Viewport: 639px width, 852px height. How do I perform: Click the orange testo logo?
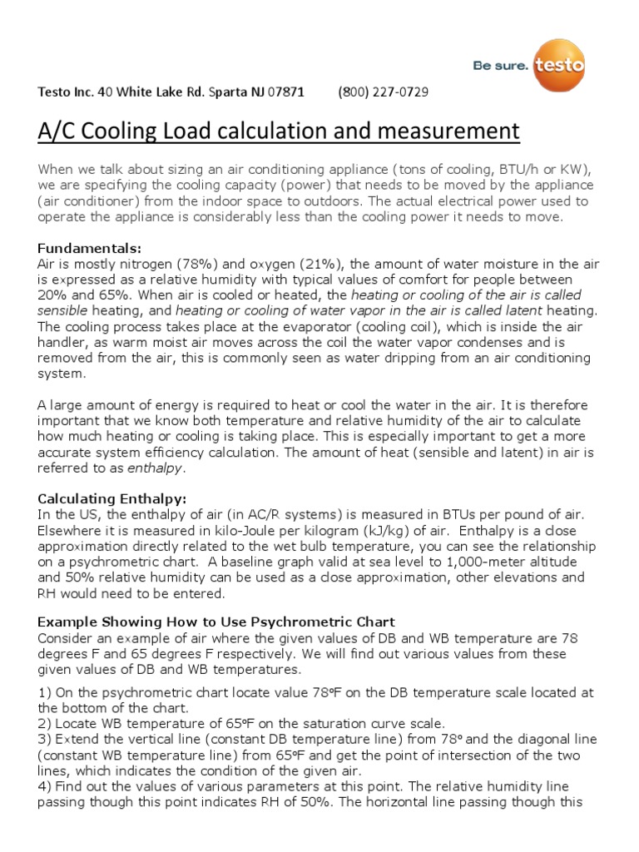click(559, 64)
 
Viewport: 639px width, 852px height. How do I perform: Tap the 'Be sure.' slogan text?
click(500, 67)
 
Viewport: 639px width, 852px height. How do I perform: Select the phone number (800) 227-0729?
click(384, 92)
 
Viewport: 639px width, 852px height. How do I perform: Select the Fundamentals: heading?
click(90, 248)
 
